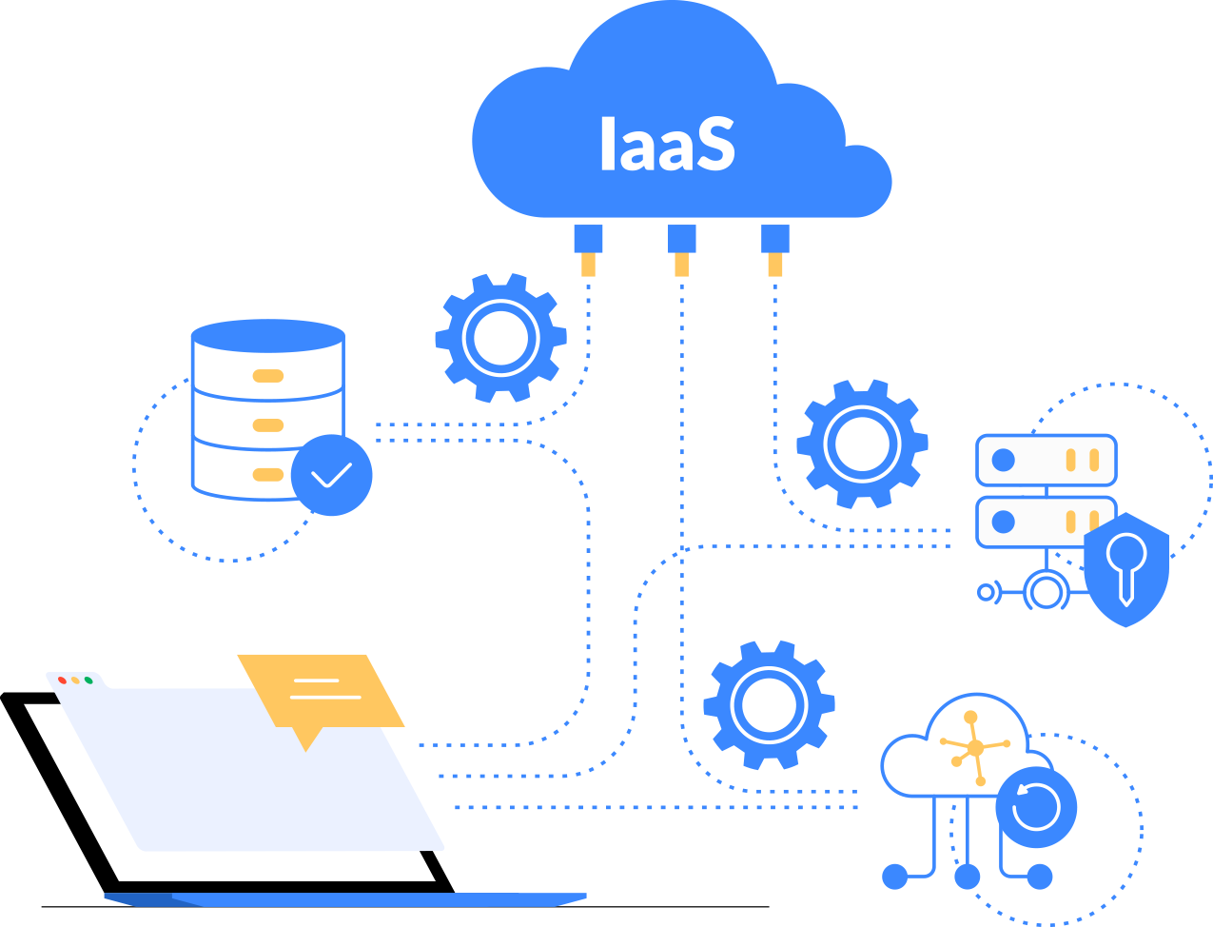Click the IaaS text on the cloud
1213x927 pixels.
667,146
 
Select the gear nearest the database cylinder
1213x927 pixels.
500,338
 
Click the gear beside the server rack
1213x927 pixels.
862,444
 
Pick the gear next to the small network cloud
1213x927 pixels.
769,705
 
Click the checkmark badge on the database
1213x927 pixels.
332,475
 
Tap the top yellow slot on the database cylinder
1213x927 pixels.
268,376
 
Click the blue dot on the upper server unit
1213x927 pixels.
1004,461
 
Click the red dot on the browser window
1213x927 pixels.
63,680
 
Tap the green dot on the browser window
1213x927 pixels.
88,680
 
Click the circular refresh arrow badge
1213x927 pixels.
1036,807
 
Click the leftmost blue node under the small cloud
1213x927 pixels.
895,877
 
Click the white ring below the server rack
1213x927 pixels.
1047,592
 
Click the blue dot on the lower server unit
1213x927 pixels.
1004,522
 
